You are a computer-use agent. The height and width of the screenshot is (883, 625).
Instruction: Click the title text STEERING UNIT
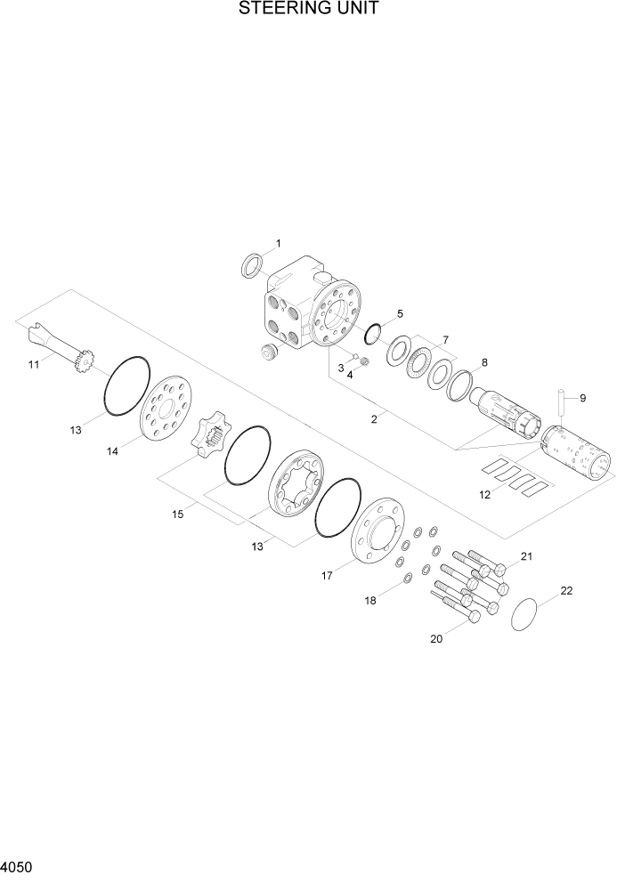309,10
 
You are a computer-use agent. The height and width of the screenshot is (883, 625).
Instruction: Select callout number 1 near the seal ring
278,243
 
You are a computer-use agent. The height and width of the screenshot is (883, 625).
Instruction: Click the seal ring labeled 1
253,264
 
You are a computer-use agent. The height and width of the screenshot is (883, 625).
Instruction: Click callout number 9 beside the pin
582,398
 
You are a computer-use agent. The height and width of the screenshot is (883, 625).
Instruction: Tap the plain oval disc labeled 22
529,614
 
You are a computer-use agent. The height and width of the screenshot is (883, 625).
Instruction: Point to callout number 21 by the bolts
525,557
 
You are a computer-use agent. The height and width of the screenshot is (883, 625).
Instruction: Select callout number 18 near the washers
369,601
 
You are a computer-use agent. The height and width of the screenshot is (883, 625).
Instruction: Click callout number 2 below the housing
375,417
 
